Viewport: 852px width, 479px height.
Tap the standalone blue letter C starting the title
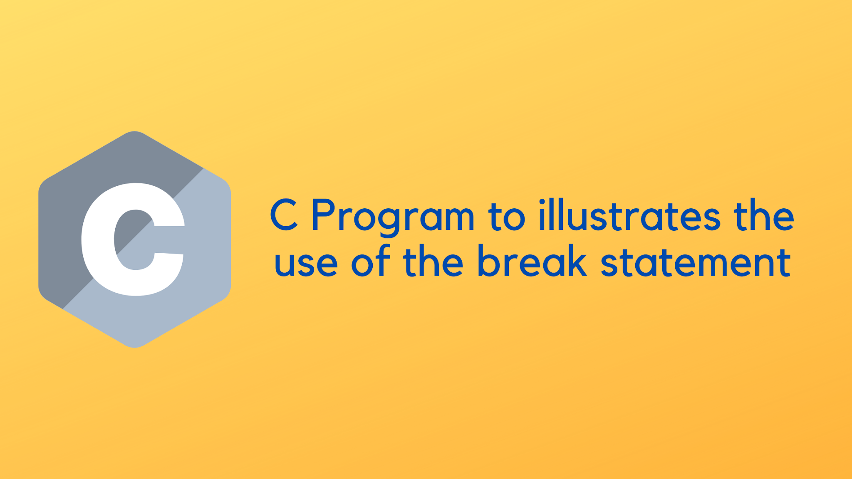pyautogui.click(x=284, y=215)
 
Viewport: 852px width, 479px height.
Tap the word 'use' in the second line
pyautogui.click(x=306, y=263)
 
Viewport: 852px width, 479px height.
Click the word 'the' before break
pyautogui.click(x=433, y=262)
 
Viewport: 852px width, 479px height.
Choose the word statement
pyautogui.click(x=696, y=263)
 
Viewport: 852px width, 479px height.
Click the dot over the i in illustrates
pyautogui.click(x=542, y=202)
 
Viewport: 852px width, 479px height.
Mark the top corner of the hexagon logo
pyautogui.click(x=134, y=132)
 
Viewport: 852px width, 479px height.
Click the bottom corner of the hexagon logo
pyautogui.click(x=134, y=346)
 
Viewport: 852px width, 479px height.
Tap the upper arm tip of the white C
pyautogui.click(x=169, y=226)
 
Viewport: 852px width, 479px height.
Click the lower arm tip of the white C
pyautogui.click(x=169, y=254)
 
